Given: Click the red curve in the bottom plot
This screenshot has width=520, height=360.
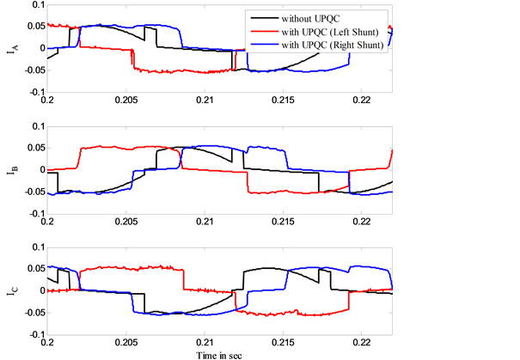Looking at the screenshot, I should (129, 269).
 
